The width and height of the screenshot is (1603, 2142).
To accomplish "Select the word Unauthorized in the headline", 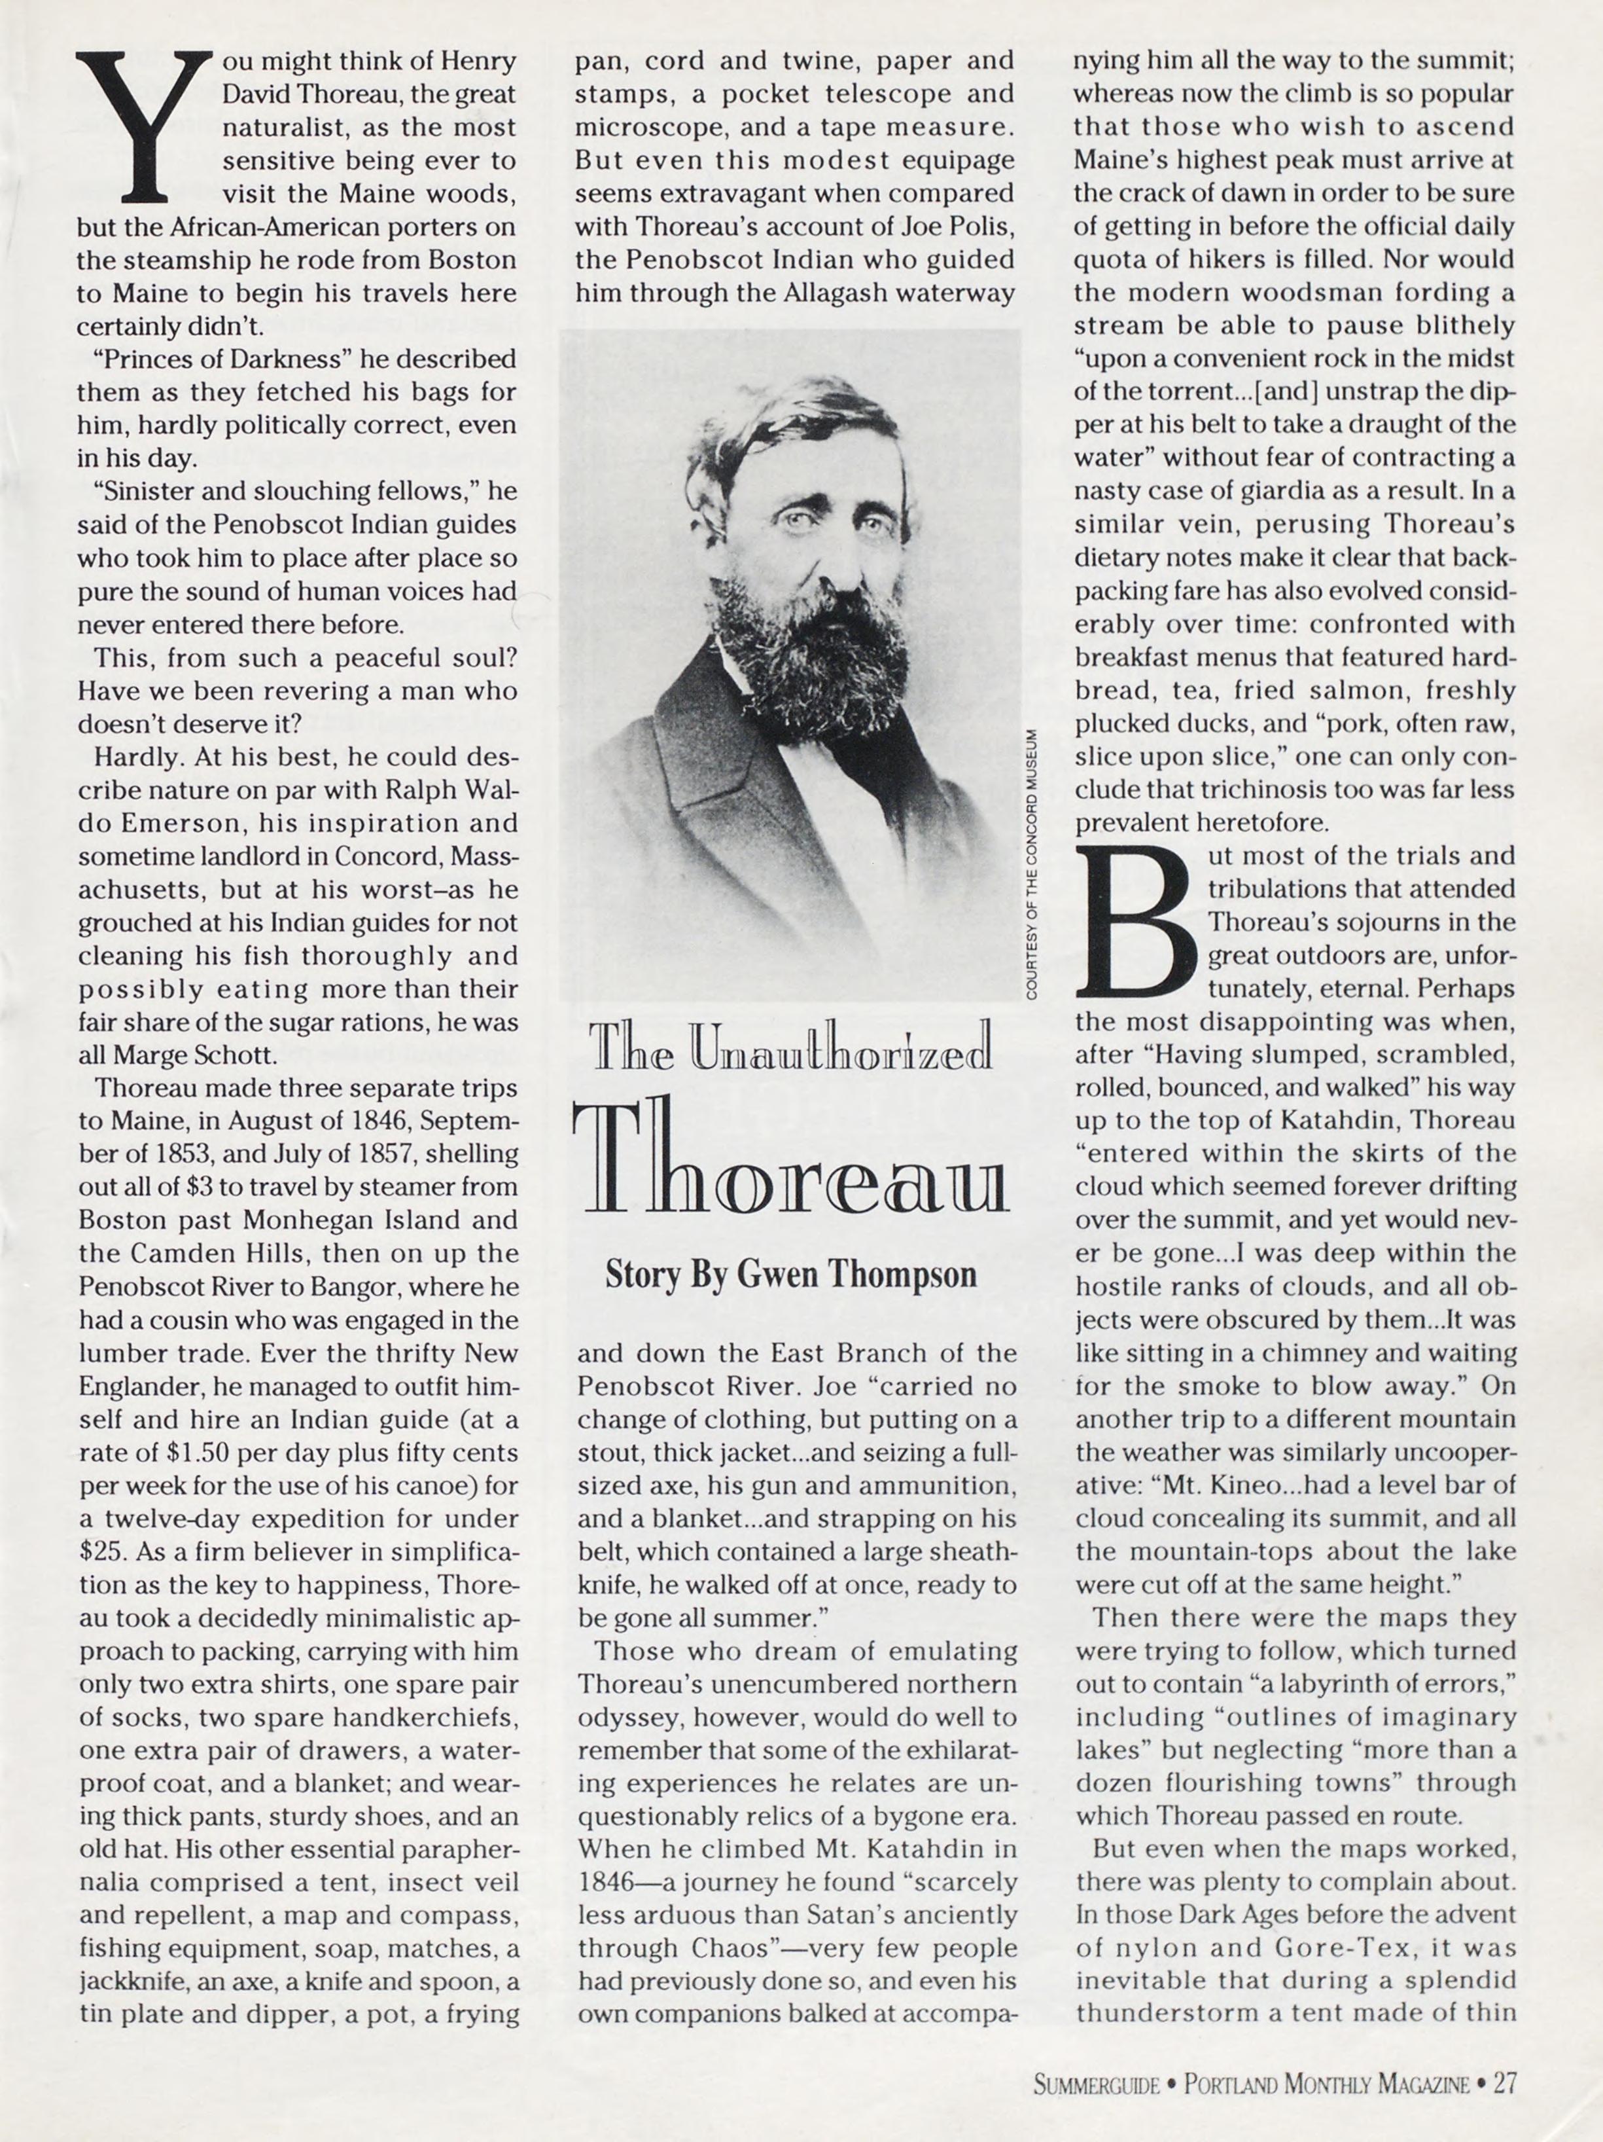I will pyautogui.click(x=841, y=1047).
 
